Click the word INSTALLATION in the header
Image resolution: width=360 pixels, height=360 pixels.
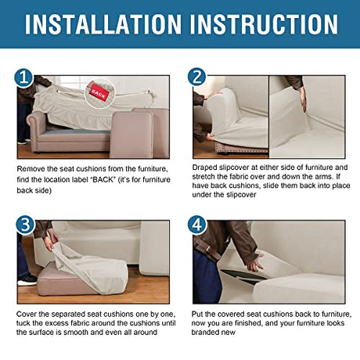103,24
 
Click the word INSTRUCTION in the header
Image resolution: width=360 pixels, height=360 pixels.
265,24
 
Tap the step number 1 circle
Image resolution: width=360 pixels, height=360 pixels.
23,77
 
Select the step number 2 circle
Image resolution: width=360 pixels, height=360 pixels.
196,77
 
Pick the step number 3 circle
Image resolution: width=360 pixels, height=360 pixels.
25,225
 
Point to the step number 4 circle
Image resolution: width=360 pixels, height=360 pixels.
197,225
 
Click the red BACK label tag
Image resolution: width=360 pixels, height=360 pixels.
99,93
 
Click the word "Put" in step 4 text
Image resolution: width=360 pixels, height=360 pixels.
196,314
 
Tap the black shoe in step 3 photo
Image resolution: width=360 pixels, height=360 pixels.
28,279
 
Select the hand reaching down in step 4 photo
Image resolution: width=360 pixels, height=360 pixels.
254,263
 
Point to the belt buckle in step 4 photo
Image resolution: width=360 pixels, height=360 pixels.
208,249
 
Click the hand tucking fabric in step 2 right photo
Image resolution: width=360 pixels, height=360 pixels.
303,99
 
